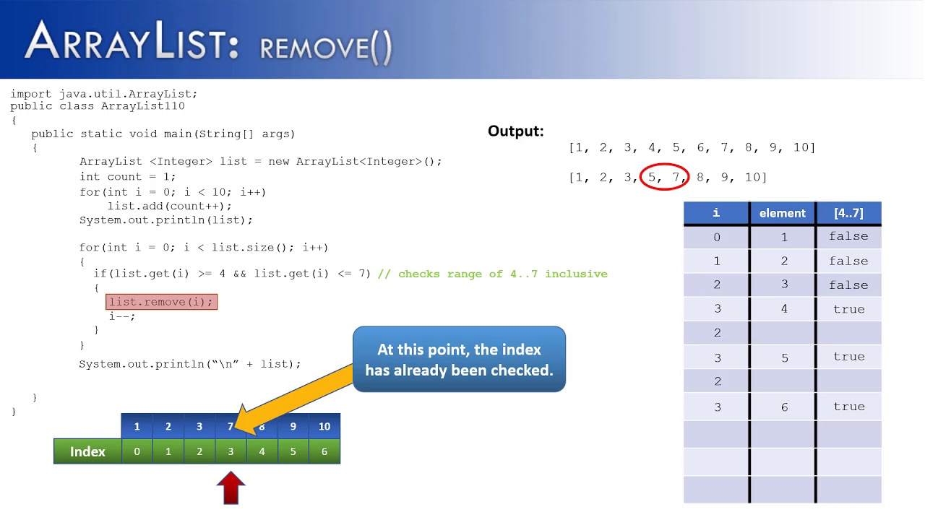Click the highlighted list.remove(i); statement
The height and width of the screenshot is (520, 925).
161,302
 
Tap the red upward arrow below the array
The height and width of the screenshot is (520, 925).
231,488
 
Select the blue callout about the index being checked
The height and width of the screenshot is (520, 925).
459,359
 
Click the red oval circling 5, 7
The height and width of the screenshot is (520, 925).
665,177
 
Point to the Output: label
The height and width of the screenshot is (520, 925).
515,131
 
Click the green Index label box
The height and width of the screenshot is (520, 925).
87,451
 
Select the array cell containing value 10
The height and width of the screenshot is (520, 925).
324,426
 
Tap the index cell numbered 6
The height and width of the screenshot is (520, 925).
324,451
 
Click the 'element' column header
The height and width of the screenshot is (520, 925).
782,213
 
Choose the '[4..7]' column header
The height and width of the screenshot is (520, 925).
848,213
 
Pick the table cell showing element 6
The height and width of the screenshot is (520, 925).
783,407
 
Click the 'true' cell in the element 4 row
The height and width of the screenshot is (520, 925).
848,309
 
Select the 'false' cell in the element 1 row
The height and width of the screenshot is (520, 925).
848,236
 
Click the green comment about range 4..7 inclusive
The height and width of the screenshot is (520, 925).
502,274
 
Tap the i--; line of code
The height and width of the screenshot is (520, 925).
122,316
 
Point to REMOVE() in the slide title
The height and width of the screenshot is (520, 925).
326,48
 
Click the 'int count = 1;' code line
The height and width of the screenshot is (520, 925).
127,176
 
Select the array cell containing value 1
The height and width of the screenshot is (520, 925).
137,426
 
